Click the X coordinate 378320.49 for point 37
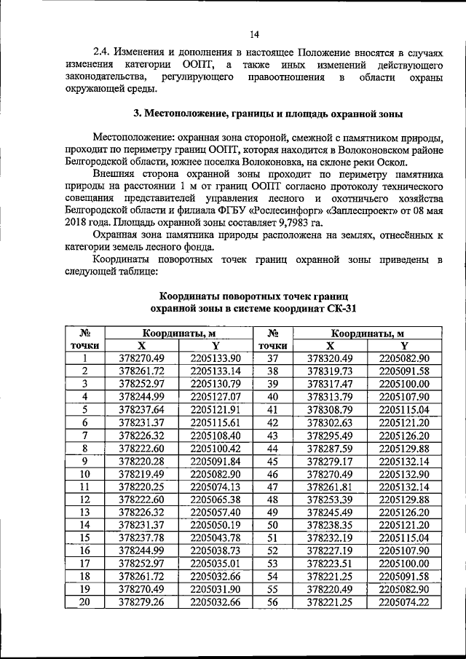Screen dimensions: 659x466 (330, 358)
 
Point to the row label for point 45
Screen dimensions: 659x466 (273, 460)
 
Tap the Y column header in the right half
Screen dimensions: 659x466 (404, 345)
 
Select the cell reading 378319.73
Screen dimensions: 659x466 (330, 371)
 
